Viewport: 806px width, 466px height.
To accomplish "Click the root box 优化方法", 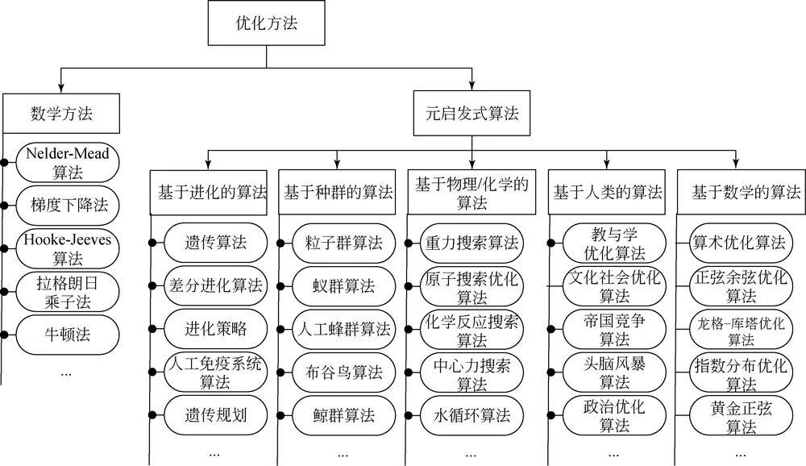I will coord(265,24).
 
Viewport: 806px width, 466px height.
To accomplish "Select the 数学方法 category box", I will coord(61,113).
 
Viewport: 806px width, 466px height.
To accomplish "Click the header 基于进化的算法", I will coord(212,192).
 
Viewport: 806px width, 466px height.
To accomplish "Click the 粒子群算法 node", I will coord(343,242).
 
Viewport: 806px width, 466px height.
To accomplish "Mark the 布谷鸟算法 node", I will coord(343,373).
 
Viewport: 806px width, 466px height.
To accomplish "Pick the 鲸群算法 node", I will coord(343,416).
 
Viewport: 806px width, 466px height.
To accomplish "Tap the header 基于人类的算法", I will coord(608,192).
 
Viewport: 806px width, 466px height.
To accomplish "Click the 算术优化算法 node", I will coord(738,242).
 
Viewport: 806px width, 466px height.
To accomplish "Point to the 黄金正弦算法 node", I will coord(738,416).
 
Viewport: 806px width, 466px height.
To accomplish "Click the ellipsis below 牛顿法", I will coord(66,372).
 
